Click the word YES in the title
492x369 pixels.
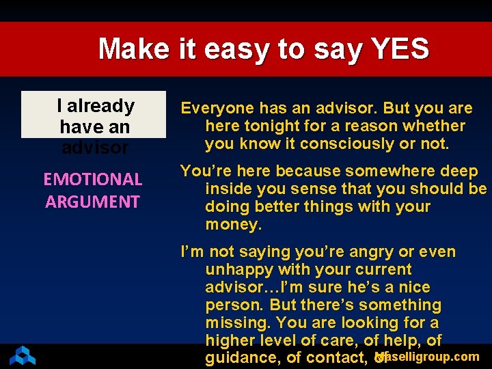(x=400, y=49)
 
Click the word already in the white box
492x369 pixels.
(x=101, y=106)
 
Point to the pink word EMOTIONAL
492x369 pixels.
(x=92, y=180)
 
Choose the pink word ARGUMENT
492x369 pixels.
(x=92, y=202)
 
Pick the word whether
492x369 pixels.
(x=433, y=126)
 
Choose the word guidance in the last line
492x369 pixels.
(x=243, y=358)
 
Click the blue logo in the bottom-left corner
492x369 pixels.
(x=22, y=355)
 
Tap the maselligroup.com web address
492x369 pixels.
(x=429, y=357)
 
